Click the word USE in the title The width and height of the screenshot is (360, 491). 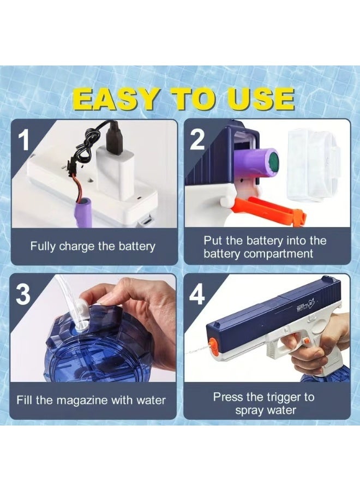[261, 99]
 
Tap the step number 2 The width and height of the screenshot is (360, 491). [197, 140]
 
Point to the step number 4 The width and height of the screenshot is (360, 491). [197, 295]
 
